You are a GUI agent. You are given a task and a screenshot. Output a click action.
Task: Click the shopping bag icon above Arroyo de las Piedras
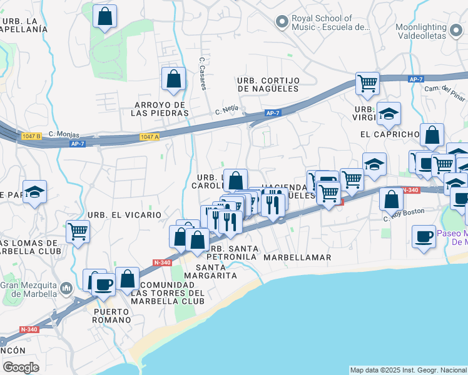tap(173, 79)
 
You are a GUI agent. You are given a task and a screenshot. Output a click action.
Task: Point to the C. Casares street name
tap(203, 74)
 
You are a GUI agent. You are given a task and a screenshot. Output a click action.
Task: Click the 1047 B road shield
tap(29, 135)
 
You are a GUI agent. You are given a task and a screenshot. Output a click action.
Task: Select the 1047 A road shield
tap(150, 137)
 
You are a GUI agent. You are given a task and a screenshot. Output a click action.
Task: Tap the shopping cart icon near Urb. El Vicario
tap(78, 232)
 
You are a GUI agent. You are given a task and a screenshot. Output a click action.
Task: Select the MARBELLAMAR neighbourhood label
tap(297, 257)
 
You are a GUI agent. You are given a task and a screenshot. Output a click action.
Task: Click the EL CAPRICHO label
tap(389, 134)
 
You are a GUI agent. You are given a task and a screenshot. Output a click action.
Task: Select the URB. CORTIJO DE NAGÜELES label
tap(268, 85)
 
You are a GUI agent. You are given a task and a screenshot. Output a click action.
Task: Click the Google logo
tap(21, 367)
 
